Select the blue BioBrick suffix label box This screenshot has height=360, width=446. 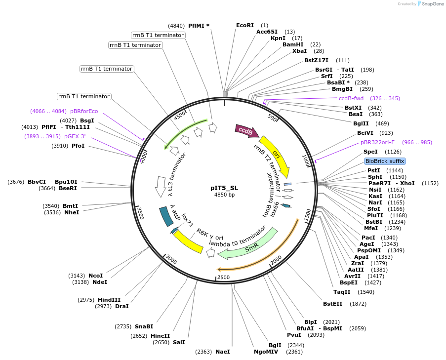tap(385, 161)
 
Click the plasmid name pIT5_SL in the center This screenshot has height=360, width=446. tap(224, 188)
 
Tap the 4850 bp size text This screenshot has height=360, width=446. tap(224, 195)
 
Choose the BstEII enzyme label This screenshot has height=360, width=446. tap(333, 304)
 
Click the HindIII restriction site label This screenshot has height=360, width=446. tap(109, 300)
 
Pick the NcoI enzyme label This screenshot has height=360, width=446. tap(96, 276)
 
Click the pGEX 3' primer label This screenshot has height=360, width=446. tap(75, 136)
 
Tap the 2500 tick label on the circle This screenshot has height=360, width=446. tap(223, 278)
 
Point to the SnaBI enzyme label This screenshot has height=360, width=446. tap(144, 326)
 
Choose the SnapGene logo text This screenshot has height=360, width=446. tap(431, 4)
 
